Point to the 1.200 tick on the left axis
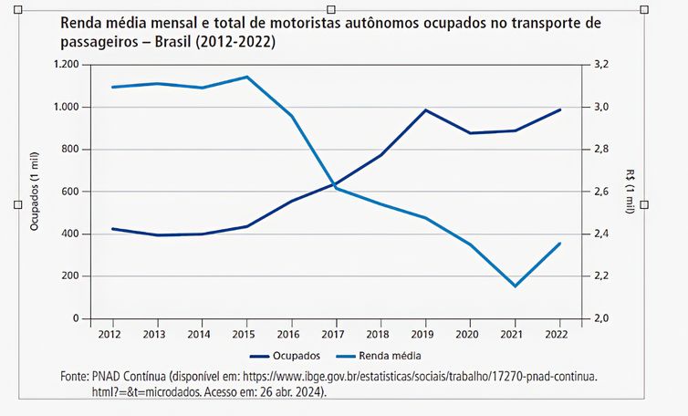click(68, 65)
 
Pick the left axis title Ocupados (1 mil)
click(34, 192)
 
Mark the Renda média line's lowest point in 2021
click(516, 286)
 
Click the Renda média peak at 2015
click(247, 77)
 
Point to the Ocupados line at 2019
click(426, 110)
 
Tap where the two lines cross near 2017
click(334, 184)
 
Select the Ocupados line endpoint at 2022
click(560, 109)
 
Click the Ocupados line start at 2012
click(112, 229)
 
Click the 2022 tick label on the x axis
click(560, 334)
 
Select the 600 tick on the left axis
click(70, 192)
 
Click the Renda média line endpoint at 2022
click(560, 244)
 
